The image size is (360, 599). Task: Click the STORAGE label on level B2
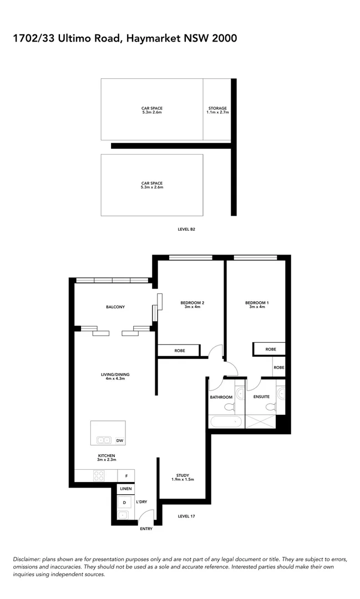217,108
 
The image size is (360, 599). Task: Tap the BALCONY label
115,307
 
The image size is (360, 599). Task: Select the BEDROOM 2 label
192,302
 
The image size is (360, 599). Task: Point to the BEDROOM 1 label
257,302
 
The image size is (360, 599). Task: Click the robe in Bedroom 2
179,351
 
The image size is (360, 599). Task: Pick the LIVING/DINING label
115,375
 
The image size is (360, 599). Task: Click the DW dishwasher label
119,440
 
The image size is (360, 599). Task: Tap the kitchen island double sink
104,440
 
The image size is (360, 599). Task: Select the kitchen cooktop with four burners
99,476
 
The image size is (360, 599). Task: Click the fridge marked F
126,476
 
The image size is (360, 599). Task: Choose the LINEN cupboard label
125,489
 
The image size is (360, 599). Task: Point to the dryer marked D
124,502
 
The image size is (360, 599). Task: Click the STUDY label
183,475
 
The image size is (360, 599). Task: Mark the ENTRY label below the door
146,529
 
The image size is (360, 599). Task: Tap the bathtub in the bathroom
226,422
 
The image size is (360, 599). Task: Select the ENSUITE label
261,397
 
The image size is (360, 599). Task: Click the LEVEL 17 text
187,516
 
